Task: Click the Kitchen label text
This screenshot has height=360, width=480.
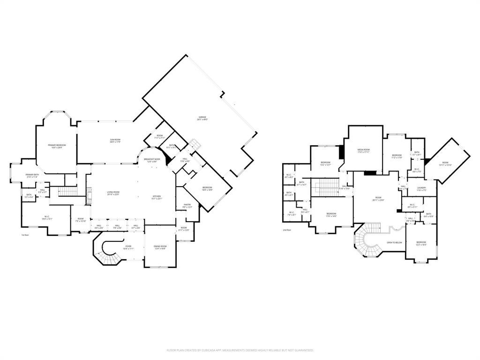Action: [x=157, y=197]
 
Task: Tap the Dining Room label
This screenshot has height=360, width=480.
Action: [x=160, y=247]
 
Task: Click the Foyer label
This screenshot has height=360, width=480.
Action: [x=128, y=247]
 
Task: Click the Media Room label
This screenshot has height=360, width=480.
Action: [x=364, y=150]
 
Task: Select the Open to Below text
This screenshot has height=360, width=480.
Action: [x=394, y=242]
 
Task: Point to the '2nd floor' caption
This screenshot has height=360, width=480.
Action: [x=287, y=230]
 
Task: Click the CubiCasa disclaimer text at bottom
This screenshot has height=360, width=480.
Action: [x=240, y=350]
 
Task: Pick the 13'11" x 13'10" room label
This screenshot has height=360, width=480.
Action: [x=445, y=164]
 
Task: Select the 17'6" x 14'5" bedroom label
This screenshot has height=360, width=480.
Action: [x=331, y=215]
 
